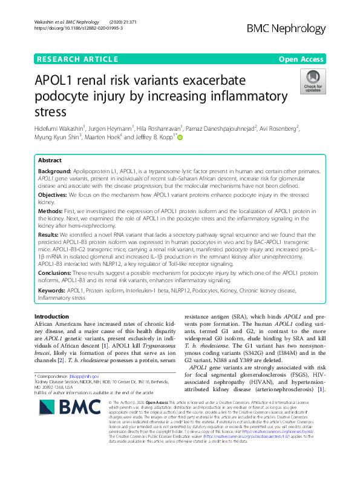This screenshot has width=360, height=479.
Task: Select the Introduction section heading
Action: tap(52, 317)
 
